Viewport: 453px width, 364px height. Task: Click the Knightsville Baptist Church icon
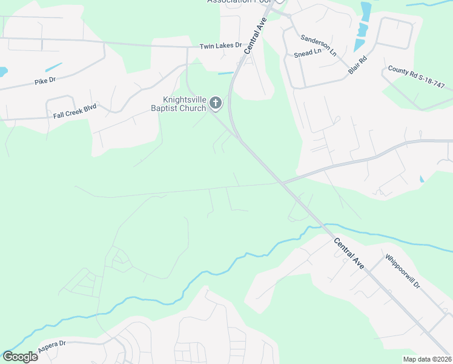tap(215, 104)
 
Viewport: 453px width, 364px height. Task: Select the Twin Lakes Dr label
tap(220, 45)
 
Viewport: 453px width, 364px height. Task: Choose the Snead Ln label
tap(306, 53)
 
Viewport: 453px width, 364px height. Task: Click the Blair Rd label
tap(357, 66)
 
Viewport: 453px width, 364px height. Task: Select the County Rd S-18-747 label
tap(416, 78)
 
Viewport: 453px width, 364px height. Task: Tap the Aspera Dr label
tap(51, 346)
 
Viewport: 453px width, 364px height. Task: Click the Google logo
tap(20, 357)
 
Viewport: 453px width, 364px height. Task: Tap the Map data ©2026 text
tap(427, 359)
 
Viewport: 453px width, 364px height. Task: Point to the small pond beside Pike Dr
tap(53, 67)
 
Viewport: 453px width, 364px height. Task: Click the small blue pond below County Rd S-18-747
tap(421, 180)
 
